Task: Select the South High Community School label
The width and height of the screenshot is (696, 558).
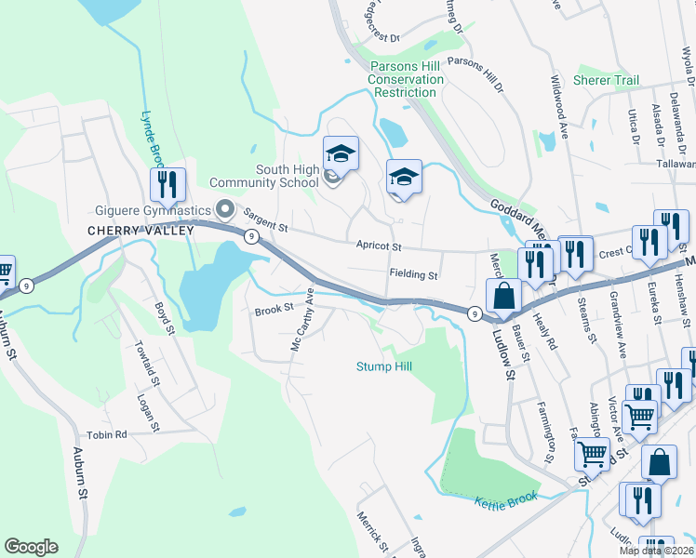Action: [x=274, y=176]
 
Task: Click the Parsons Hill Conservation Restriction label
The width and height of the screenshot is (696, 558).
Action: [x=406, y=79]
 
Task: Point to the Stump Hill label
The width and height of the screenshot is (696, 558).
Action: [x=383, y=366]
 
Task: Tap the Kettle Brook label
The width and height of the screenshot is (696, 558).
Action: [x=506, y=502]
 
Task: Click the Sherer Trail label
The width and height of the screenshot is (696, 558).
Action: [x=606, y=81]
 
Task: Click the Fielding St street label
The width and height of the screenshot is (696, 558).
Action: [x=413, y=275]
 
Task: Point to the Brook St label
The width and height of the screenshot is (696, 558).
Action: [x=274, y=307]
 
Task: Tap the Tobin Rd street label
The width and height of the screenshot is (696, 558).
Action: [x=107, y=434]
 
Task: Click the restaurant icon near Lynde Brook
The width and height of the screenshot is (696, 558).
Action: [x=167, y=184]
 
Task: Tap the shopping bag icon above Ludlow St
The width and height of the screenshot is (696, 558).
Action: [x=504, y=296]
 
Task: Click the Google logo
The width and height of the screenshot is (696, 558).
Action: [x=31, y=547]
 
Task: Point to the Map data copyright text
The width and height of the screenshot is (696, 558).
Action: [x=657, y=551]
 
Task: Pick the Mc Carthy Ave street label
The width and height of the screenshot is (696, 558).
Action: [x=300, y=331]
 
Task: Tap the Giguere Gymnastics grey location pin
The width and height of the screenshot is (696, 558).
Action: [x=222, y=208]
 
